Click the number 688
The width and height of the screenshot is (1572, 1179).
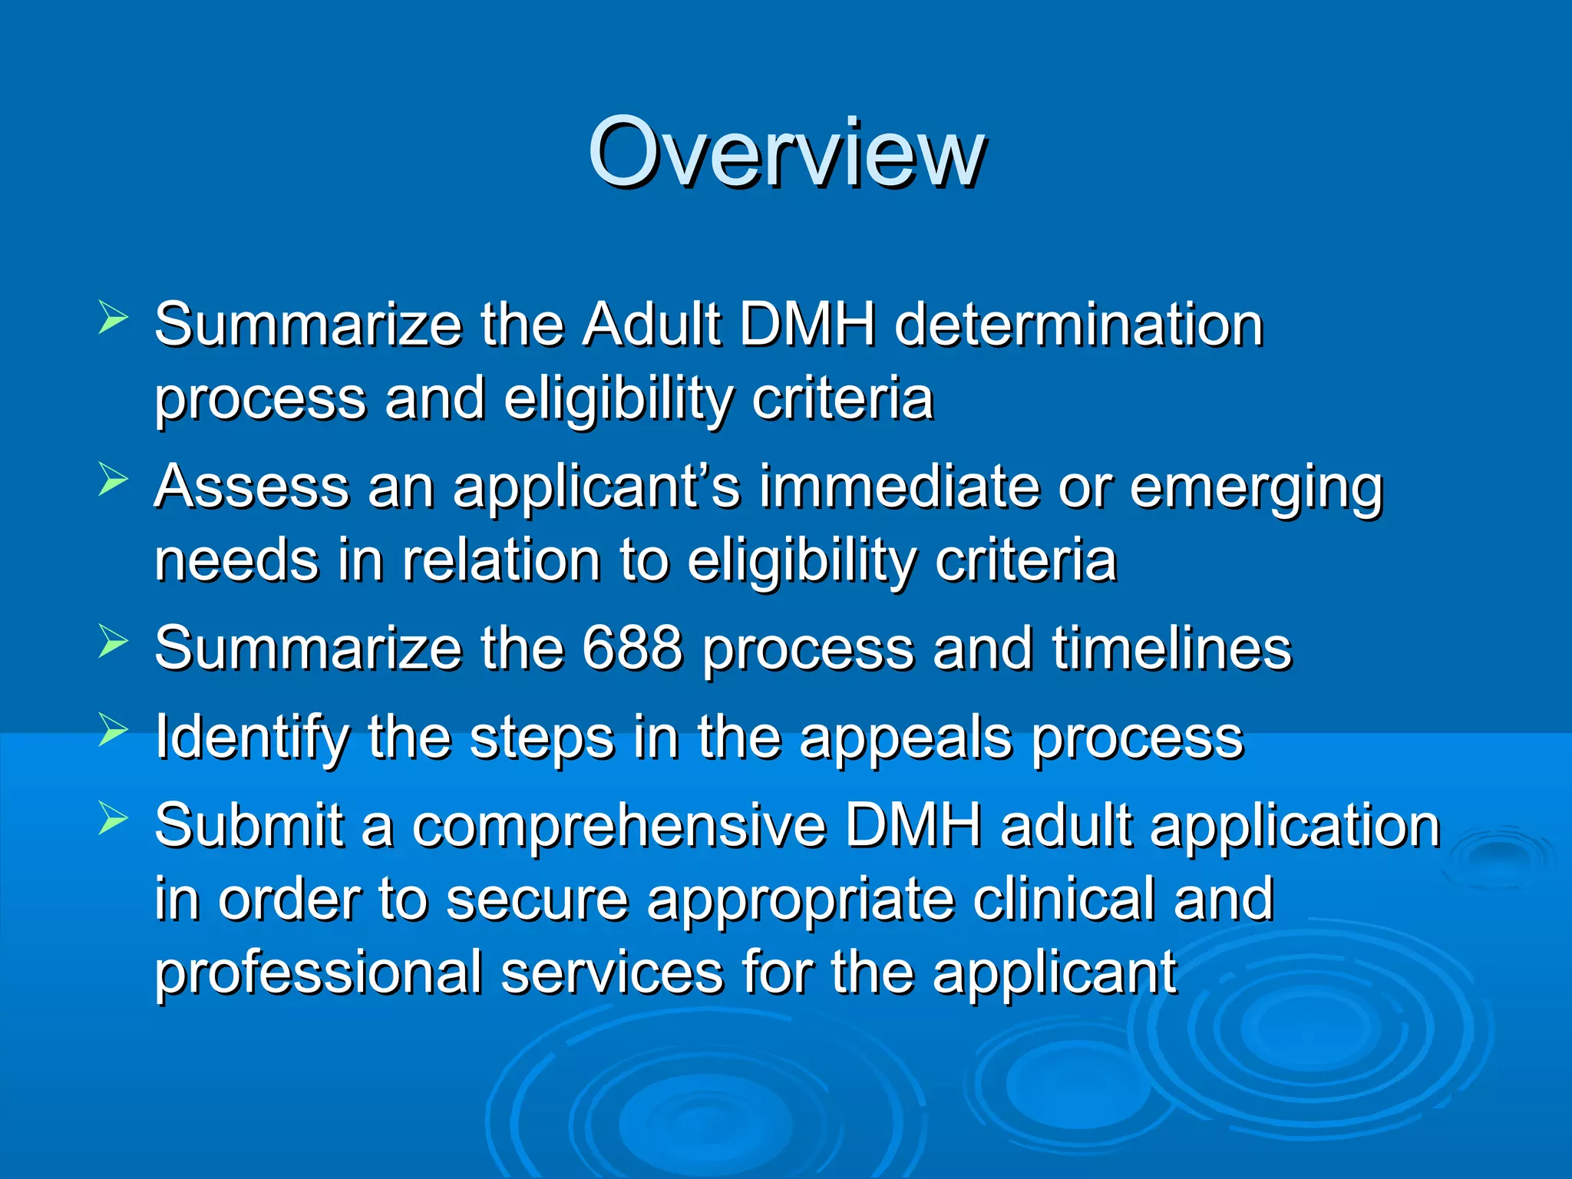[631, 649]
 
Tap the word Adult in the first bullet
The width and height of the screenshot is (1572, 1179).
[651, 325]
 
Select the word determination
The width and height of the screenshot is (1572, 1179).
[1078, 325]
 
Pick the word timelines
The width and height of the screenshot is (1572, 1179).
[1171, 649]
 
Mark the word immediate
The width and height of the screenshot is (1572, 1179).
[899, 487]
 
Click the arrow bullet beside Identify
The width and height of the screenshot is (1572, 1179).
[113, 729]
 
